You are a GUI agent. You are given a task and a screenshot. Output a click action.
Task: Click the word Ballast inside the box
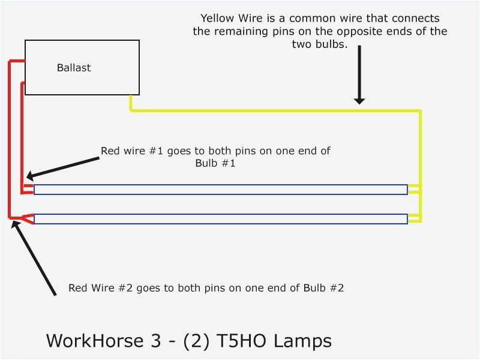pyautogui.click(x=74, y=68)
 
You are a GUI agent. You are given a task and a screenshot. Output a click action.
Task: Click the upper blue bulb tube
pyautogui.click(x=221, y=190)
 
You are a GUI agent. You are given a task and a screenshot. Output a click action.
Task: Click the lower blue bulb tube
pyautogui.click(x=221, y=219)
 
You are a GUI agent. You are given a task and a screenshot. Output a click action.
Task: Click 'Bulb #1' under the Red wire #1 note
pyautogui.click(x=215, y=163)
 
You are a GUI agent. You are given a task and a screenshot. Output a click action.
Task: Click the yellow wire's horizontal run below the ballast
pyautogui.click(x=270, y=111)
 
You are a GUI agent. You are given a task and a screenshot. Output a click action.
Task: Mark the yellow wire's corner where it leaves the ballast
pyautogui.click(x=131, y=110)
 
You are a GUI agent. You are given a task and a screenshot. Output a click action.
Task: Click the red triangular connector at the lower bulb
pyautogui.click(x=27, y=218)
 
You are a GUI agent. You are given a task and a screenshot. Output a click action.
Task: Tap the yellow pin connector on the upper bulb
pyautogui.click(x=414, y=190)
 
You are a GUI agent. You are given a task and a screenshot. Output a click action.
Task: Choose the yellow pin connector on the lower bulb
pyautogui.click(x=414, y=219)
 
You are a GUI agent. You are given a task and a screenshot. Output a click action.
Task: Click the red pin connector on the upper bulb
pyautogui.click(x=28, y=190)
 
